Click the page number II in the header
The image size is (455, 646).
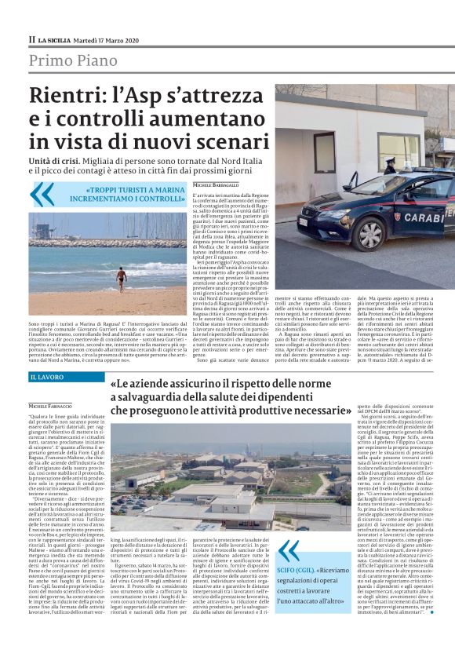31,39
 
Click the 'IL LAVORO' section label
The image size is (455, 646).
48,378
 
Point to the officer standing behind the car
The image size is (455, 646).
389,166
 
